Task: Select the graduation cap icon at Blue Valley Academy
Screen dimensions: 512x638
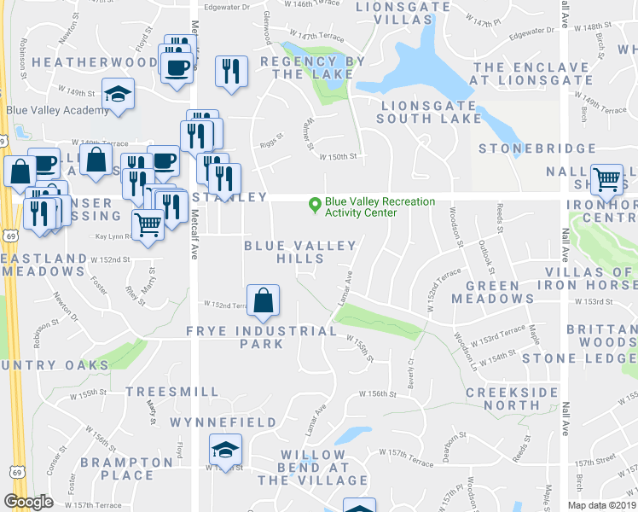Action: (119, 94)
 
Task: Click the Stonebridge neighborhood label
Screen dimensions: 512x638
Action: (536, 148)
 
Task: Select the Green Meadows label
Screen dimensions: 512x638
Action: (492, 292)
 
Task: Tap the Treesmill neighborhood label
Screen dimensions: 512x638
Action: (165, 391)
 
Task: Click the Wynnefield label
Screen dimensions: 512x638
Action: (223, 422)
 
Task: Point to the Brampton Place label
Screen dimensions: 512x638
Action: (127, 468)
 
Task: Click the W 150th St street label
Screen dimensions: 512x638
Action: (337, 156)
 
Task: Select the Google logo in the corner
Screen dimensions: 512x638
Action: (28, 501)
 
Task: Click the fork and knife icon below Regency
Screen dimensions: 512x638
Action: (231, 71)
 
